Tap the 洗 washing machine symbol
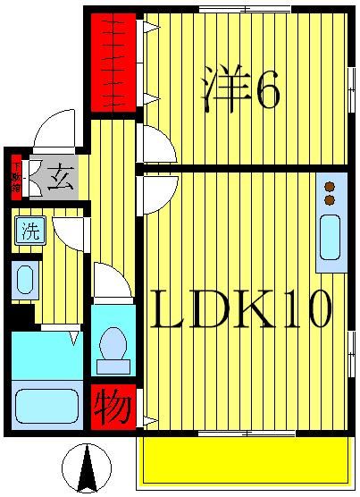pyautogui.click(x=29, y=232)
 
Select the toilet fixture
pyautogui.click(x=113, y=348)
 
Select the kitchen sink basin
pyautogui.click(x=331, y=237)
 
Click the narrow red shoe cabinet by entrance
pyautogui.click(x=16, y=176)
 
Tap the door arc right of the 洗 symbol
pyautogui.click(x=69, y=233)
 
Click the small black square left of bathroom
pyautogui.click(x=22, y=316)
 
